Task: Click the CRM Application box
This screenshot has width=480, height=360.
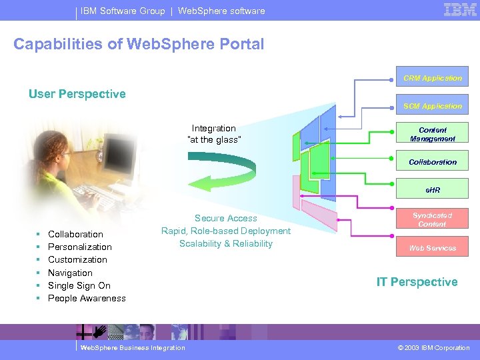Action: click(432, 77)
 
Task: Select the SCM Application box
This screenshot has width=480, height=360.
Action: click(432, 105)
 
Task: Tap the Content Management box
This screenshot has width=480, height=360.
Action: click(432, 134)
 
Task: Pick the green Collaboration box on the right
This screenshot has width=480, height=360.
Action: click(432, 162)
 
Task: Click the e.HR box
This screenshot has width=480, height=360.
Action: click(432, 190)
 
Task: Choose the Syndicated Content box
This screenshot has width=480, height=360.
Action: click(432, 219)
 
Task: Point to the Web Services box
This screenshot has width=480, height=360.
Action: click(432, 248)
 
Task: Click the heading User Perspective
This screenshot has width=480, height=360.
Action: click(77, 94)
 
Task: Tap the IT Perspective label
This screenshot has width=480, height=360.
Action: click(417, 282)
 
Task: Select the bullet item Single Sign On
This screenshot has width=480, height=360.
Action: click(79, 285)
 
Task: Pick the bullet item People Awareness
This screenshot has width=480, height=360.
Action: click(87, 298)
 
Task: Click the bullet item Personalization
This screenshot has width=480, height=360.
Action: click(80, 247)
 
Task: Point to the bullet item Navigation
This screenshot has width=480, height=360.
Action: click(70, 273)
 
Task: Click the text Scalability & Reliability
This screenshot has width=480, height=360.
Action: click(226, 243)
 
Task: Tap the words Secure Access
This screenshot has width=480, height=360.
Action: click(226, 218)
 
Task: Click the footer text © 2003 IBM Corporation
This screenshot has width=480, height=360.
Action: click(432, 347)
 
